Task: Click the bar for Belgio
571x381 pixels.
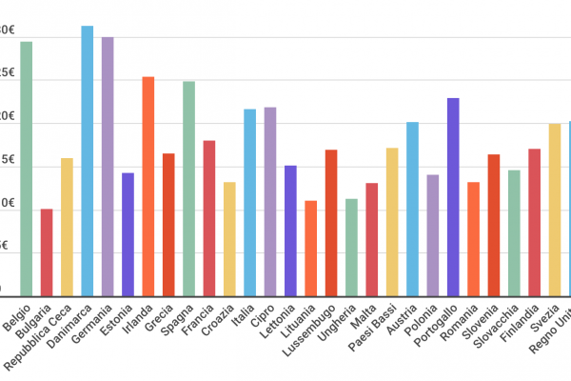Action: click(x=26, y=167)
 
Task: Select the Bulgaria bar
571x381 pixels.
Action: click(x=47, y=251)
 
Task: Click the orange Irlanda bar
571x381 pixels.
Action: click(x=148, y=185)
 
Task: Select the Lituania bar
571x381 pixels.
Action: click(x=310, y=247)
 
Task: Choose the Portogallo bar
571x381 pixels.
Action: click(x=453, y=195)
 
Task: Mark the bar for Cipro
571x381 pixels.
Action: click(x=270, y=200)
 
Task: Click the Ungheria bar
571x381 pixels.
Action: click(x=351, y=246)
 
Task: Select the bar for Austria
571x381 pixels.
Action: click(x=412, y=208)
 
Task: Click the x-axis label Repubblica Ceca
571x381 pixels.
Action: click(x=39, y=337)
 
